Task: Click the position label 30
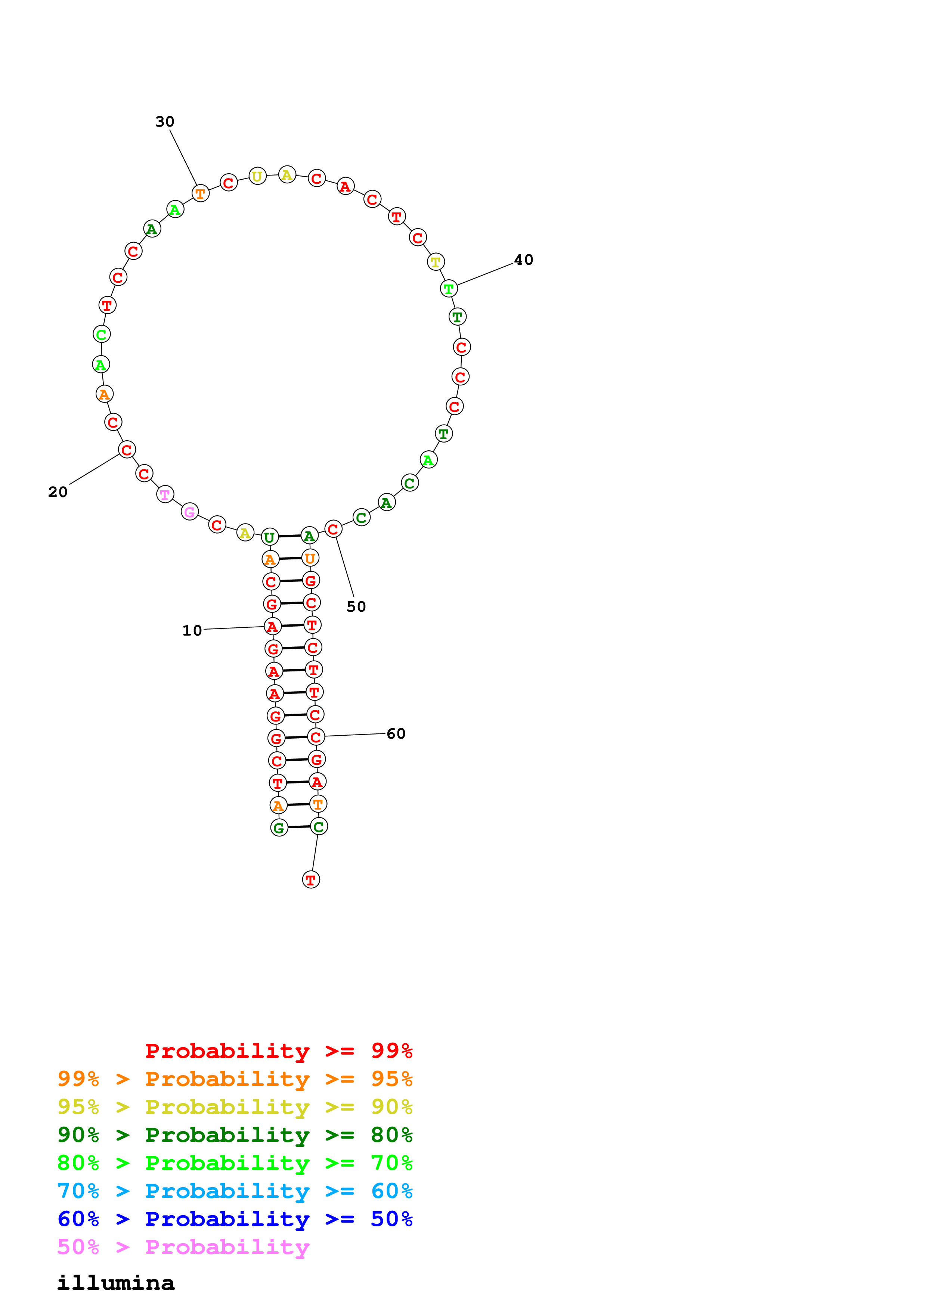pos(164,121)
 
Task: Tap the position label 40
pos(523,260)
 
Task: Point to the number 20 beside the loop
pos(58,492)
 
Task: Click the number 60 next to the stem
pos(396,734)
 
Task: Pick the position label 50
pos(356,606)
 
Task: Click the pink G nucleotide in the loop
pos(189,512)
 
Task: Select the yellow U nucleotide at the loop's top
pos(257,176)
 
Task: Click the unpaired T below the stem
pos(310,880)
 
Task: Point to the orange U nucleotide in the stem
pos(310,558)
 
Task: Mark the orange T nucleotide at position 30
pos(200,194)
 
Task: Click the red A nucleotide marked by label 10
pos(273,627)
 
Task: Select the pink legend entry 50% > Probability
pos(183,1247)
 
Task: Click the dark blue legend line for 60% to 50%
pos(235,1219)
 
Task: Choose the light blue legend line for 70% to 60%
pos(235,1191)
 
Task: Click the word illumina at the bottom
pos(116,1283)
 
